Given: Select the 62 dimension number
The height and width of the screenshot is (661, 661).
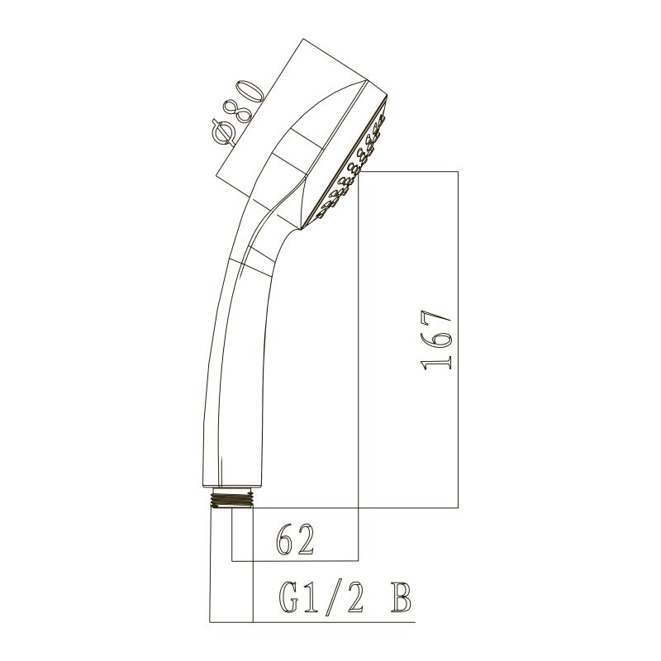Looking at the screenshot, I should (x=295, y=540).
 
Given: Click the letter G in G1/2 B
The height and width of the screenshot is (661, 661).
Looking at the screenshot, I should (x=289, y=597).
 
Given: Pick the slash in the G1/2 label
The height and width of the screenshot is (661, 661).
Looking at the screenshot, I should (x=333, y=597).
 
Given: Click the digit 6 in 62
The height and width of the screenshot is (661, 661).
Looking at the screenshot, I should (x=285, y=540).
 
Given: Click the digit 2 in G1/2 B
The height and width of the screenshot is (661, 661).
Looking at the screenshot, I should (x=353, y=597).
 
